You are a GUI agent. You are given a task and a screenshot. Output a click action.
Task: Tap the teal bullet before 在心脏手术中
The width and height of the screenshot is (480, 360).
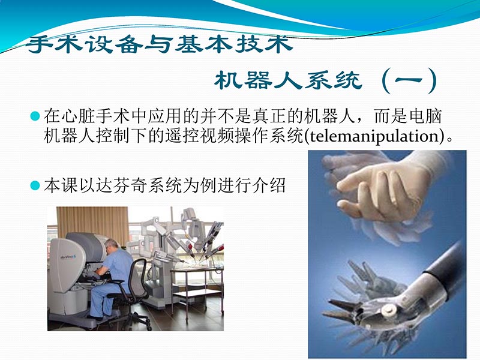35,114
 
